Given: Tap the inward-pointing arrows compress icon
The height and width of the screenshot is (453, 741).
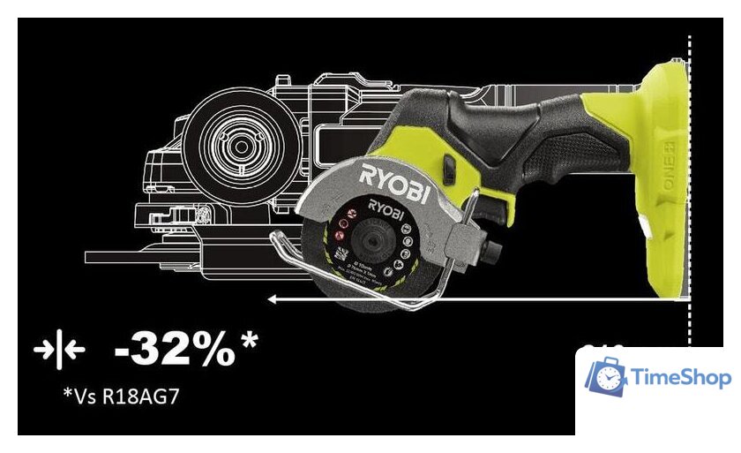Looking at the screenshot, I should pos(58,351).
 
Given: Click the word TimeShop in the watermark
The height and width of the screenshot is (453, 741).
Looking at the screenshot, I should pos(682,378).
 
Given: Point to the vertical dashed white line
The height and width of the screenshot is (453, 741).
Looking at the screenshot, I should pos(689,177).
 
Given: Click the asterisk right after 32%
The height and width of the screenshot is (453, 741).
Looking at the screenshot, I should pos(249,339).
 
